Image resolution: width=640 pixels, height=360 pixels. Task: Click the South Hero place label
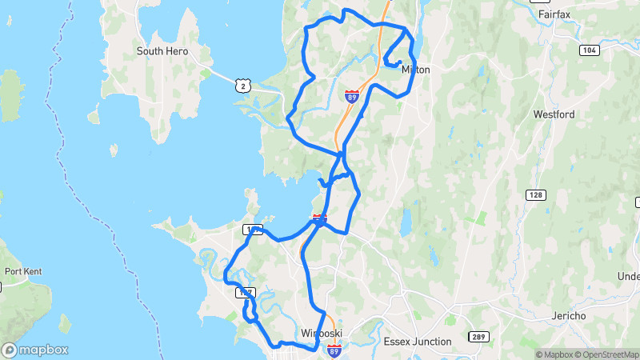pos(162,51)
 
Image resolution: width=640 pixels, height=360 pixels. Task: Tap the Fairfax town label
pos(554,14)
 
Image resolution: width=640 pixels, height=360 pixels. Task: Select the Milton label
pos(416,70)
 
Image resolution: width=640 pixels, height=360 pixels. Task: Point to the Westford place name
pos(554,114)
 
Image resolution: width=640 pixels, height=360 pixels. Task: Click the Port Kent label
pos(22,271)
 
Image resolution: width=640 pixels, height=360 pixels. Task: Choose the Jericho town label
pos(570,316)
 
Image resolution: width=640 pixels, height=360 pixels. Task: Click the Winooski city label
pos(322,333)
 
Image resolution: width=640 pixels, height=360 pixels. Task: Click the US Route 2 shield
pos(242,84)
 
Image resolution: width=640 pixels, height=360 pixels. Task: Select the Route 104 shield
pos(590,50)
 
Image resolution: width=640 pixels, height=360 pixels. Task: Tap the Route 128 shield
pos(535,195)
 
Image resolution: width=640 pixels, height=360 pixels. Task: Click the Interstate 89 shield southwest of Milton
pos(351,96)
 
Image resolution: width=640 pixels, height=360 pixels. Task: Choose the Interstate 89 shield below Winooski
pos(334,350)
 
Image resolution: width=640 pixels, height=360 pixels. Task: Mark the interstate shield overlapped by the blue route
pos(319,219)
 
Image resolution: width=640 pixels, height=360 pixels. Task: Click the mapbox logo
pos(35,350)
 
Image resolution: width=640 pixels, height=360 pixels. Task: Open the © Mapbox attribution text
pos(554,354)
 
